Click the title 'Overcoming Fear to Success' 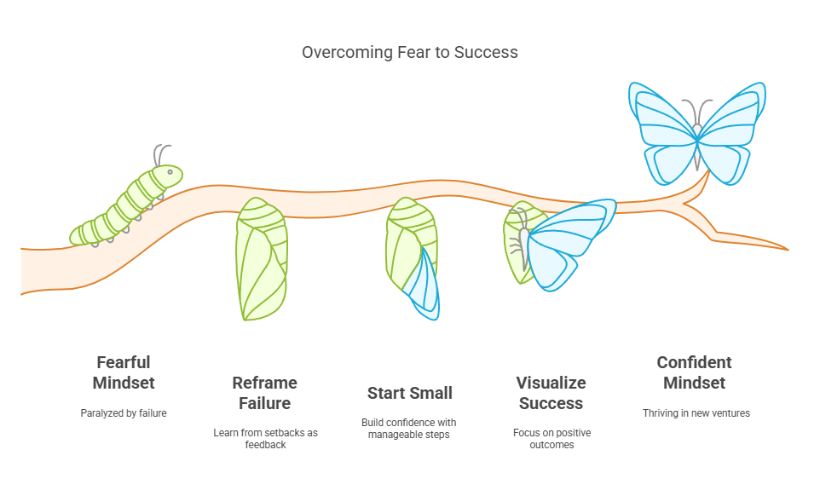click(409, 52)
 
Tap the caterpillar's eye click(170, 172)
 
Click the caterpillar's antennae click(160, 155)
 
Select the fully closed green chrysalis click(261, 259)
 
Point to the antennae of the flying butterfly click(697, 112)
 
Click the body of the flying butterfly click(697, 147)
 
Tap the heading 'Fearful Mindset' click(124, 372)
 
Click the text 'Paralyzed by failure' click(124, 412)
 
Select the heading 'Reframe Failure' click(264, 393)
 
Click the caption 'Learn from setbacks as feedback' click(265, 439)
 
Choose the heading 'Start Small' click(409, 393)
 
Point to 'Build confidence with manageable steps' click(409, 428)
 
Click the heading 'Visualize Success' click(551, 393)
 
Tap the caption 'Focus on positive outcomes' click(551, 439)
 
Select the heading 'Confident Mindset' click(695, 372)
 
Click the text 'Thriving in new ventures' click(696, 412)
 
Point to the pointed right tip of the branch click(788, 250)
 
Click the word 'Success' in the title click(486, 52)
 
